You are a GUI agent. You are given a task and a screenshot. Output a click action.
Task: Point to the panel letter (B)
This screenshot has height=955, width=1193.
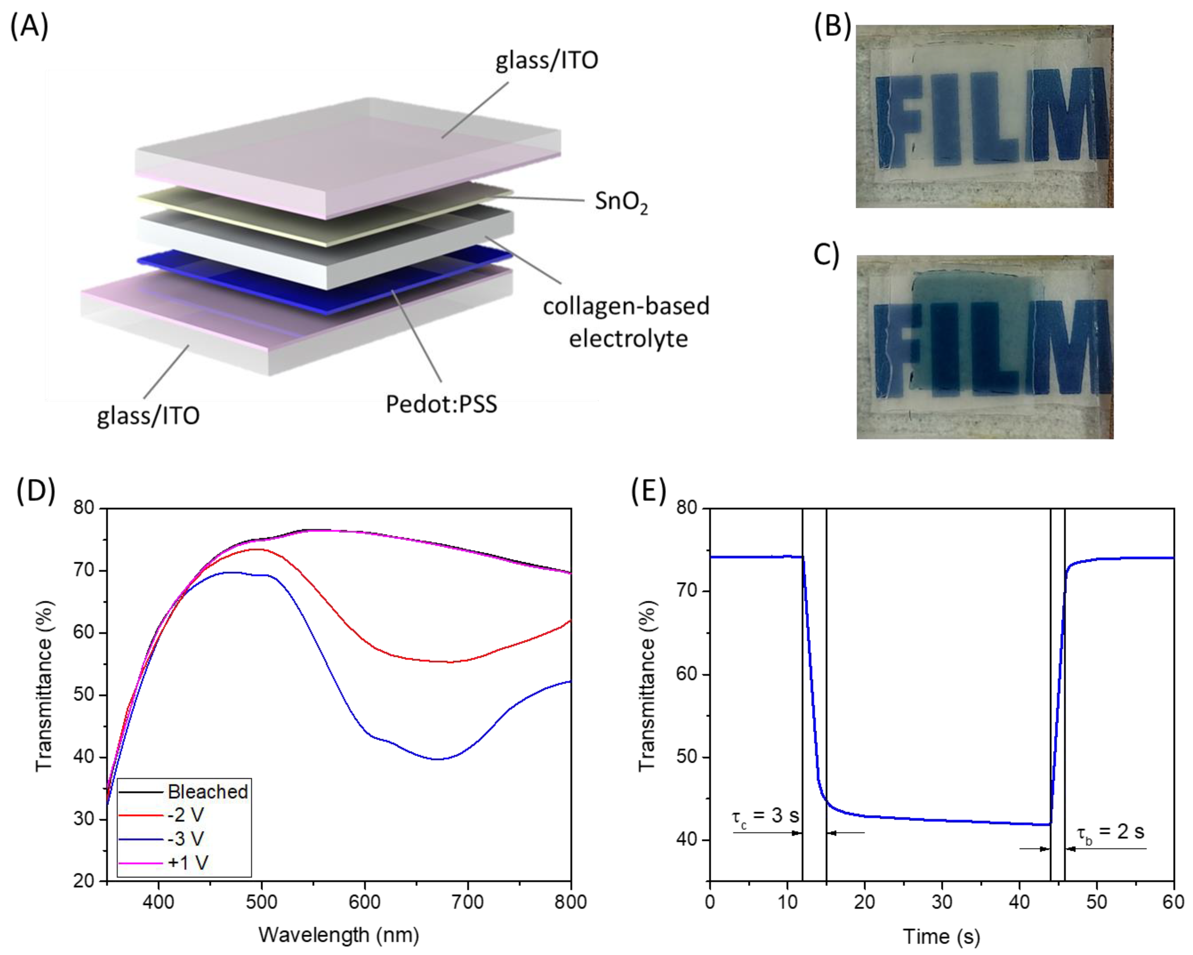coord(832,26)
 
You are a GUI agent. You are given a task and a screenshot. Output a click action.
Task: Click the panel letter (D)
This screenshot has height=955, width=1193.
coord(36,491)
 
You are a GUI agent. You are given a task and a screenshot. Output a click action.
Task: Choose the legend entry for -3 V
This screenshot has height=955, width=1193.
coord(186,839)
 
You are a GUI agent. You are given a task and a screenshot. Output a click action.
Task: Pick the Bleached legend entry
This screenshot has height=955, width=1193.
coord(208,792)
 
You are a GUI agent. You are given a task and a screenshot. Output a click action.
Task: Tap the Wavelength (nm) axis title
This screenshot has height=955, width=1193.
coord(339,935)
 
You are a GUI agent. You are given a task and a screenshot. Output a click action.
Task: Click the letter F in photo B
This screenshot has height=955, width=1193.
coord(899,120)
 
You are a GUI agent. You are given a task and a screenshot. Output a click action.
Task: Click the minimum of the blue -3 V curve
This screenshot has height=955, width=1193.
coord(437,759)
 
